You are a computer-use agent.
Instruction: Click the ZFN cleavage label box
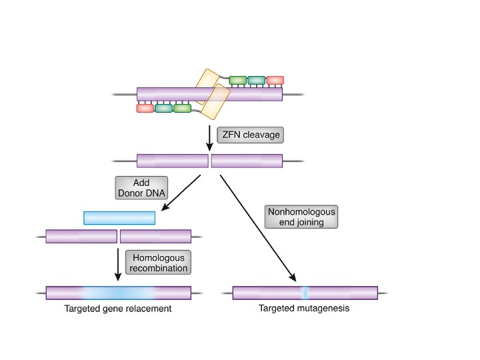tap(250, 134)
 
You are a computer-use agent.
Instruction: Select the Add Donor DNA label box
tap(141, 188)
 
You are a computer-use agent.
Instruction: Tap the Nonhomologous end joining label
tap(301, 217)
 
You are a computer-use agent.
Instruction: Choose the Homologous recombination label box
tap(158, 262)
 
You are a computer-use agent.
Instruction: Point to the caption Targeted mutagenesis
tap(304, 309)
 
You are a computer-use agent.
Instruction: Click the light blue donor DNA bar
tap(119, 218)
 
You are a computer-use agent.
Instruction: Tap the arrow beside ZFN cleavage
tap(211, 135)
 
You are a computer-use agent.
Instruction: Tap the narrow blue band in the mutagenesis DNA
tap(304, 292)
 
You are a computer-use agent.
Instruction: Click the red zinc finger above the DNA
tap(275, 80)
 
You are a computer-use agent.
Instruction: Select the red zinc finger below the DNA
tap(145, 108)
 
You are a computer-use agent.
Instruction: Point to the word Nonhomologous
tap(301, 211)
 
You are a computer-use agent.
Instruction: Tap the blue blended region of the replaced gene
tap(118, 292)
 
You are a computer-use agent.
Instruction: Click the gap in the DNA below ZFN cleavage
tap(210, 161)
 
